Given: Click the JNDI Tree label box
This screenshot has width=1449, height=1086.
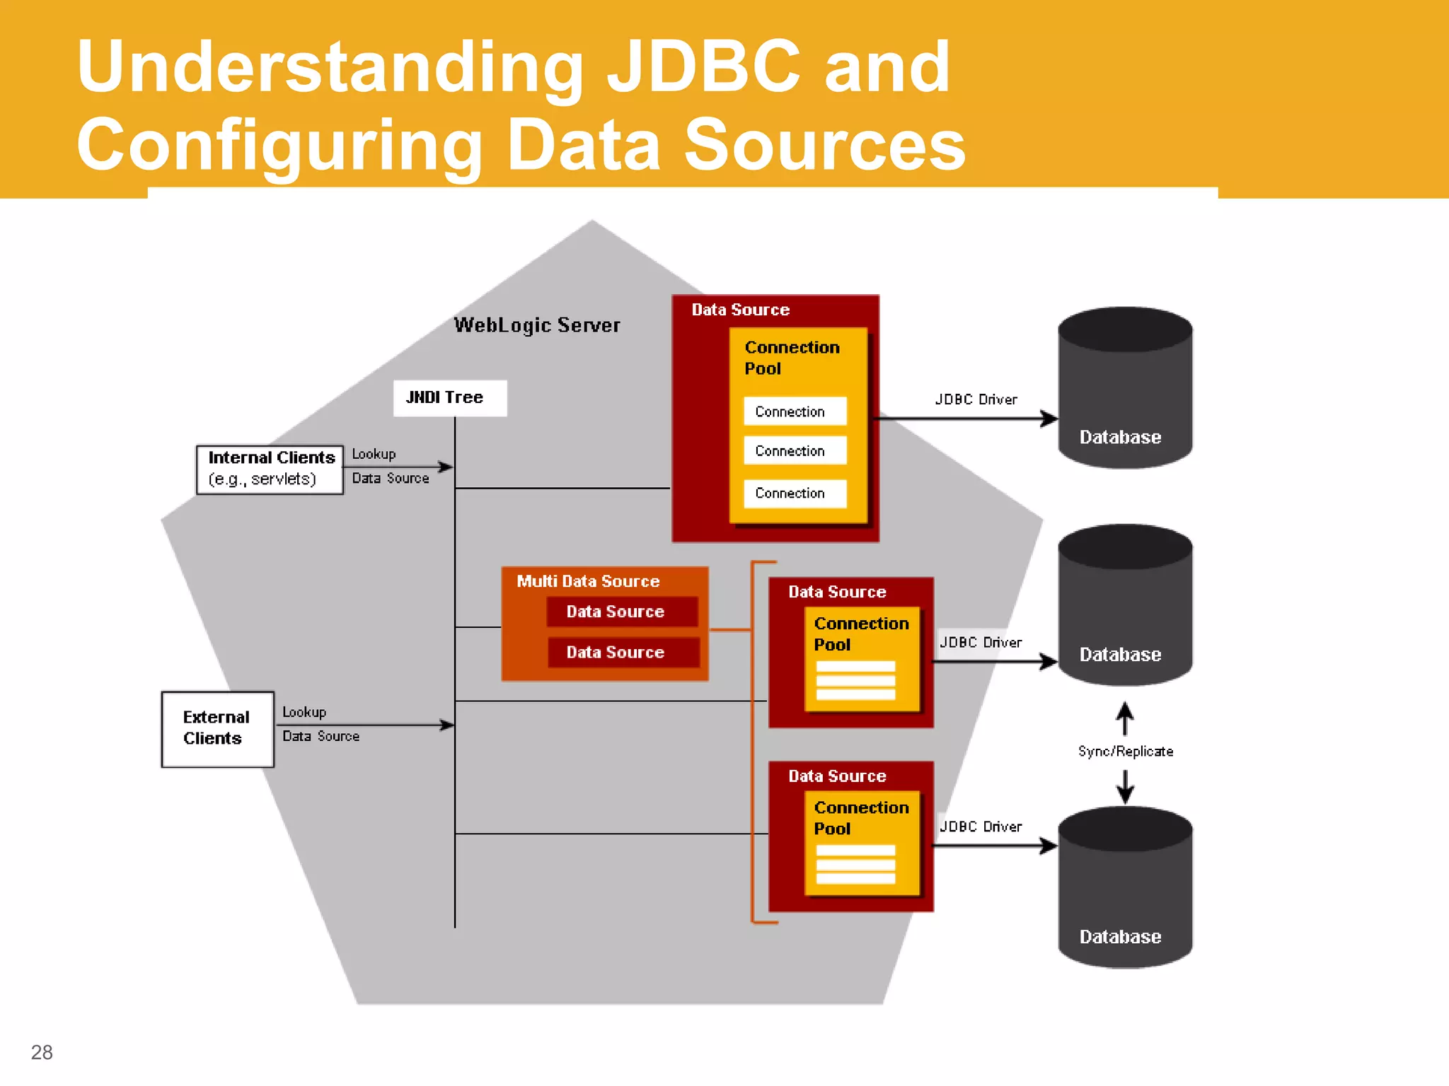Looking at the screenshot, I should pyautogui.click(x=449, y=398).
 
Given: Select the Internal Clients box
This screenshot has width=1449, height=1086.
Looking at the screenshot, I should pyautogui.click(x=270, y=469).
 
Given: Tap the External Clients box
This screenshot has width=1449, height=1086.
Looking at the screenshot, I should pyautogui.click(x=217, y=729).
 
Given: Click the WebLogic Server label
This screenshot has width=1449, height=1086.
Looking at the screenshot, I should pyautogui.click(x=536, y=325).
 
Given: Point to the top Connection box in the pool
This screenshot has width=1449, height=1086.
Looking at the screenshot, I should pyautogui.click(x=795, y=411).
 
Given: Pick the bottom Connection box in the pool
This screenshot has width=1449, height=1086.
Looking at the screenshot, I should pyautogui.click(x=795, y=494).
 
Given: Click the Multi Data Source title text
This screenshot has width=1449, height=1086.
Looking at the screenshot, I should pyautogui.click(x=587, y=581).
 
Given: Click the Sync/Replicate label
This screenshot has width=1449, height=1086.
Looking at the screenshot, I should pyautogui.click(x=1125, y=752).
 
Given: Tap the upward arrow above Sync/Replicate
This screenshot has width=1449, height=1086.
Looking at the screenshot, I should pyautogui.click(x=1125, y=717).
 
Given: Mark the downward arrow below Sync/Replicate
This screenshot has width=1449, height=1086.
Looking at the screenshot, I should pyautogui.click(x=1125, y=787).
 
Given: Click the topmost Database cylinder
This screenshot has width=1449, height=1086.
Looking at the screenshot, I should pyautogui.click(x=1124, y=388).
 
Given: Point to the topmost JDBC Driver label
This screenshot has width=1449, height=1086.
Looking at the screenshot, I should pyautogui.click(x=976, y=399).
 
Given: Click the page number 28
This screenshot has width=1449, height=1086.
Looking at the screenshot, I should pyautogui.click(x=42, y=1052).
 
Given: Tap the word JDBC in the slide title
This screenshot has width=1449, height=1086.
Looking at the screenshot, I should pyautogui.click(x=703, y=66).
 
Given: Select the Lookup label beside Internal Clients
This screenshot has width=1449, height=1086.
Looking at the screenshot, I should pyautogui.click(x=374, y=454).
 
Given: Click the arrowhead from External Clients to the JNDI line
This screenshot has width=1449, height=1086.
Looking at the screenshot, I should pyautogui.click(x=447, y=725).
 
